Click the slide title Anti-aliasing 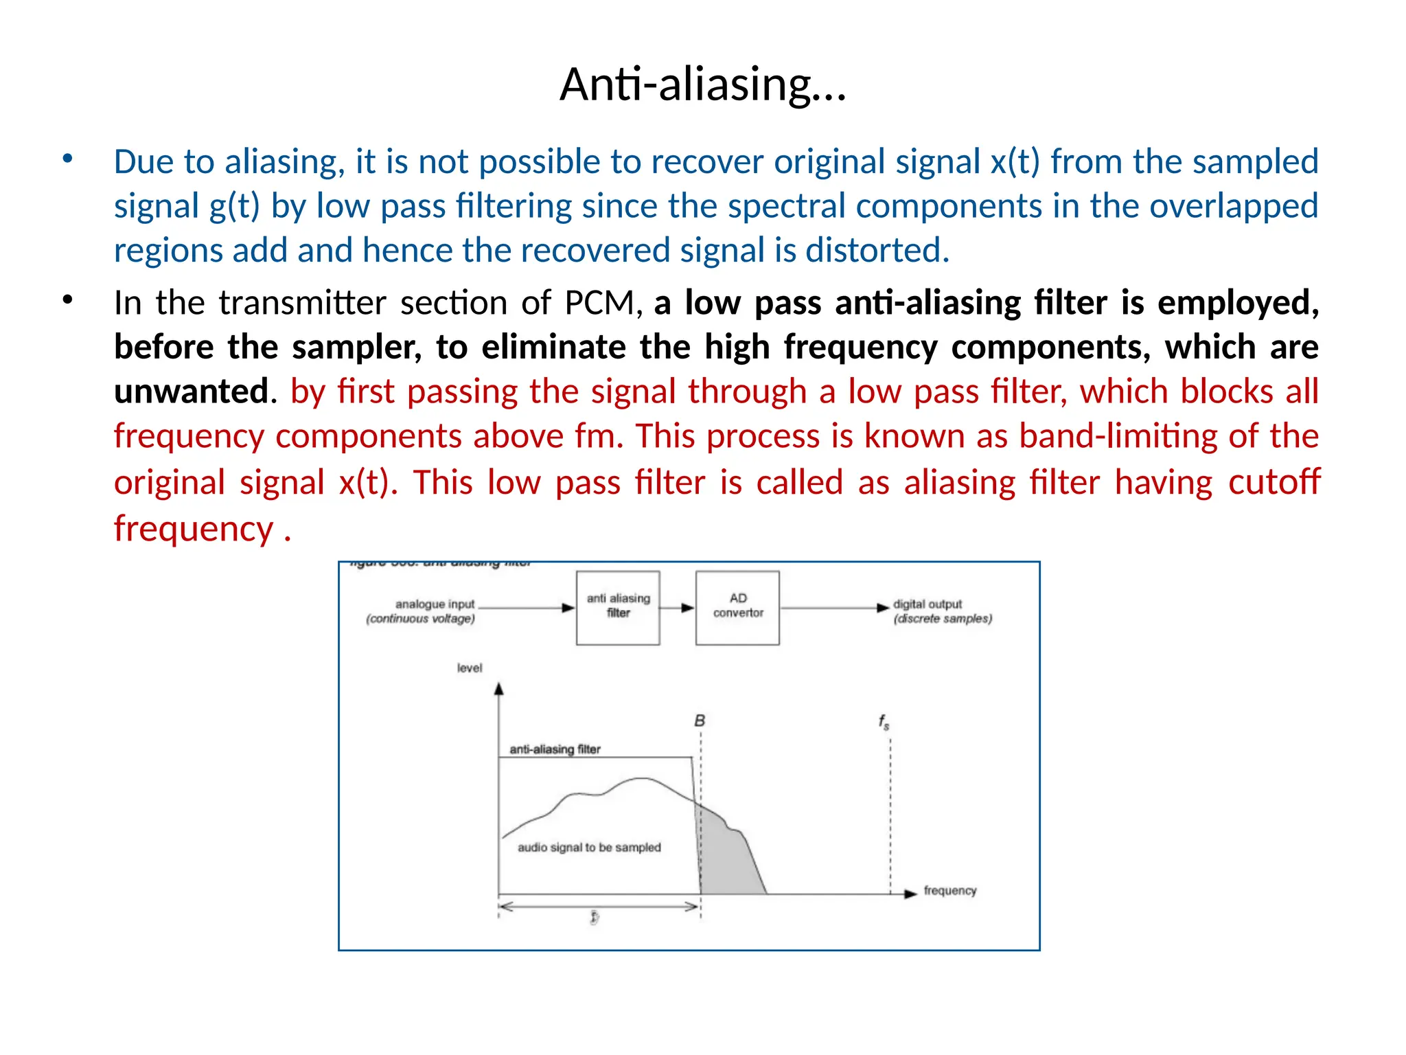click(702, 84)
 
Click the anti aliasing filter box click(618, 607)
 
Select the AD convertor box click(737, 607)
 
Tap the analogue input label click(435, 604)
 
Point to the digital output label click(927, 604)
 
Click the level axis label click(470, 668)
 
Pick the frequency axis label click(949, 891)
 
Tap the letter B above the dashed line click(700, 721)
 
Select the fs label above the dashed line click(884, 722)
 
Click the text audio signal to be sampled click(589, 848)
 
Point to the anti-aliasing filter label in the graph click(555, 749)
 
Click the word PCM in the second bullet click(599, 303)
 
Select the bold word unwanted click(191, 392)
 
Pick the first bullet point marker click(67, 159)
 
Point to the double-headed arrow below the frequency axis click(597, 907)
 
